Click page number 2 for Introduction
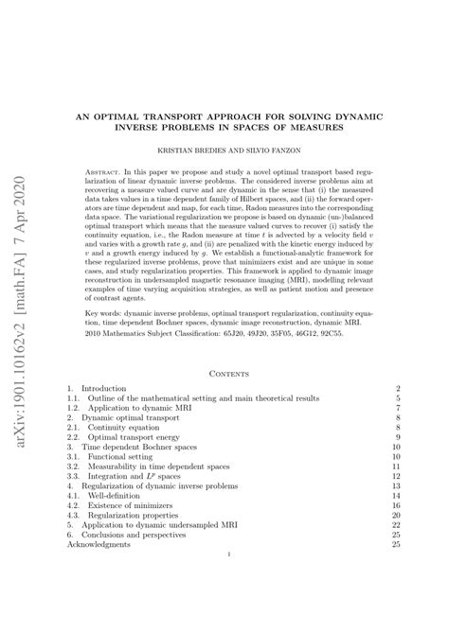pos(400,389)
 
